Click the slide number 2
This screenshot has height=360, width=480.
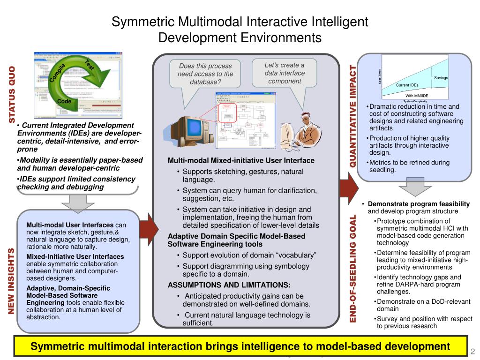click(473, 351)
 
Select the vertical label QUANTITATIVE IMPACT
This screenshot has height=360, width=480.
click(353, 117)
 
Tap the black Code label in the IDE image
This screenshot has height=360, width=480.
click(64, 101)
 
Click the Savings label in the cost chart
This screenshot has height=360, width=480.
click(441, 77)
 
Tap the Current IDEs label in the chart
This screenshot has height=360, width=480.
click(407, 85)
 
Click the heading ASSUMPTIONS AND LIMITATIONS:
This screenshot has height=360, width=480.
click(229, 285)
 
